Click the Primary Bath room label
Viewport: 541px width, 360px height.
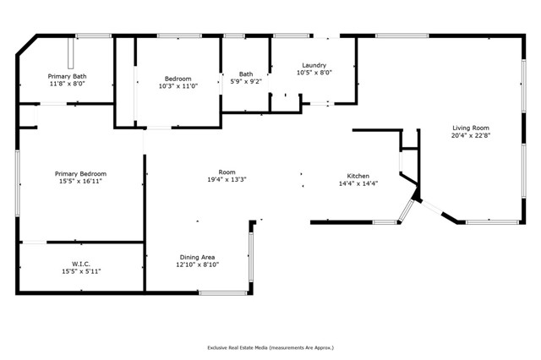point(67,76)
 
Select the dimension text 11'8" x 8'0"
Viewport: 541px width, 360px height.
point(67,84)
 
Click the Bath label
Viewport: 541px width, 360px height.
point(246,74)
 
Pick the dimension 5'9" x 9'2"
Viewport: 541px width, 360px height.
point(246,81)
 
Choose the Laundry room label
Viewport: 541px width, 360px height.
point(314,65)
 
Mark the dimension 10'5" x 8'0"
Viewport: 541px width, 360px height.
point(314,73)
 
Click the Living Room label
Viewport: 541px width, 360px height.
point(470,127)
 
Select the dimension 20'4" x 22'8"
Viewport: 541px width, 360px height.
point(470,134)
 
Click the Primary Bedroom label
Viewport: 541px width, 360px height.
point(81,173)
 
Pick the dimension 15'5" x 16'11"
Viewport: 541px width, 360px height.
point(81,181)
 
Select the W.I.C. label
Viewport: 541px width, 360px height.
point(81,263)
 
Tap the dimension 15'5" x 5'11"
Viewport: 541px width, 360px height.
point(81,270)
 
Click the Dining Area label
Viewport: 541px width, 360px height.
point(197,257)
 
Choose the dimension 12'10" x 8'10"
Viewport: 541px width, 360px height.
point(197,265)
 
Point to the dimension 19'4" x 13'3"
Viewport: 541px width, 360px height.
point(227,179)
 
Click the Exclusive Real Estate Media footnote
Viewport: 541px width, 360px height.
point(270,347)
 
